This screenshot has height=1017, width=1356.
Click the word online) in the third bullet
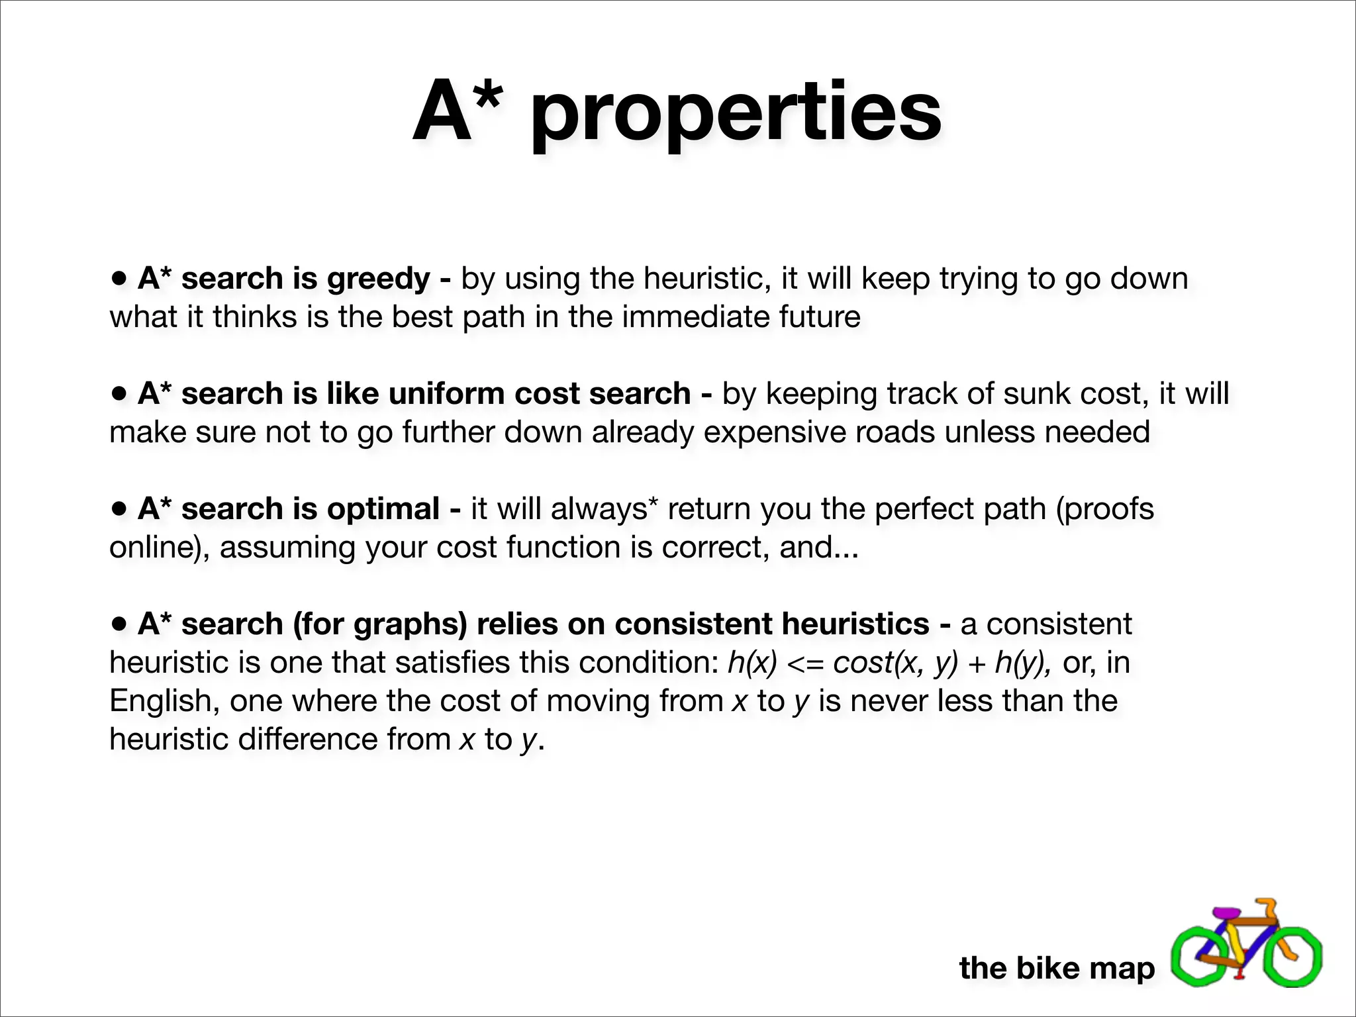(x=160, y=548)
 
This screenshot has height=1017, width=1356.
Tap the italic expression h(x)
(x=751, y=663)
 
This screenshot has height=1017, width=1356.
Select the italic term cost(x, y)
(x=895, y=663)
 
